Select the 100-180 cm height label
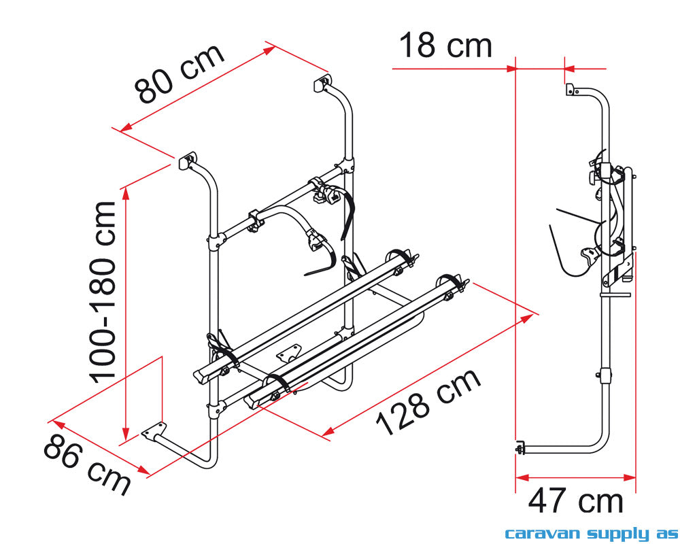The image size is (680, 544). pyautogui.click(x=103, y=292)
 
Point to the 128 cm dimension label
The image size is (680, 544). pyautogui.click(x=428, y=402)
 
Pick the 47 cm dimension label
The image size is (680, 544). pyautogui.click(x=575, y=500)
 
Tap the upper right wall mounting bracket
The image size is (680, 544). pyautogui.click(x=322, y=82)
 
